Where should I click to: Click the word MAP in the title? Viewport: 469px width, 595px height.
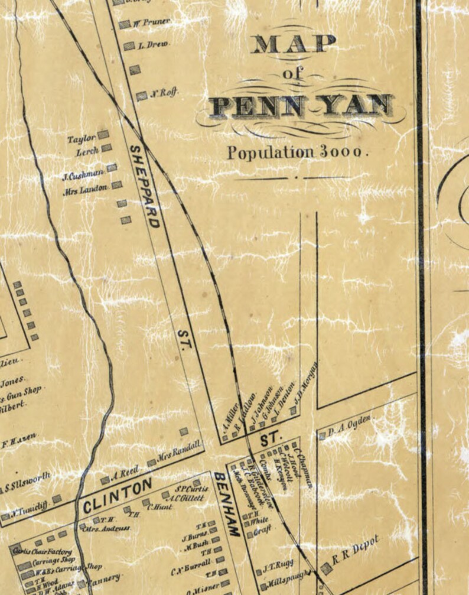click(x=294, y=44)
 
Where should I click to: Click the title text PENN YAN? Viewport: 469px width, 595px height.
click(x=301, y=106)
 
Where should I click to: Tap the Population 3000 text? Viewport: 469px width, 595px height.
click(x=298, y=152)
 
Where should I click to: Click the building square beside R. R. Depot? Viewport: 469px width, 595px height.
click(x=326, y=568)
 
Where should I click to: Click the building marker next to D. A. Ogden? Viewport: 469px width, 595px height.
click(x=322, y=436)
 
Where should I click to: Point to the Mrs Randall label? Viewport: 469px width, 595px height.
click(x=180, y=452)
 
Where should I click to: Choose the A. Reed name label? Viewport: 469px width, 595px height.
click(x=125, y=472)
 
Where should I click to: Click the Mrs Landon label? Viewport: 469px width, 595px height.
click(x=86, y=188)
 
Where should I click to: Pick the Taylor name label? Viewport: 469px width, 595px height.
click(x=81, y=139)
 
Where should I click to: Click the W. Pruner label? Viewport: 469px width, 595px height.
click(x=152, y=22)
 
